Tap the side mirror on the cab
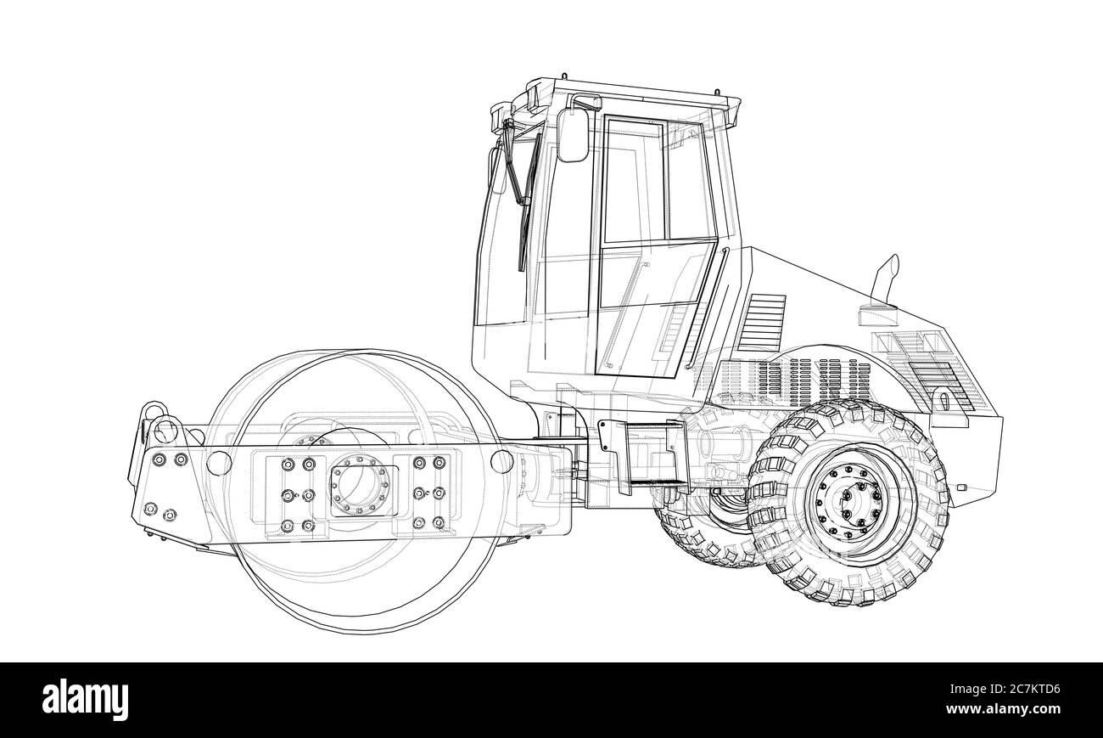[x=573, y=135]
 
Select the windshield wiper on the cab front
[x=523, y=197]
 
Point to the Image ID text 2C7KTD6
[x=1005, y=689]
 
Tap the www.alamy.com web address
[x=1003, y=709]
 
